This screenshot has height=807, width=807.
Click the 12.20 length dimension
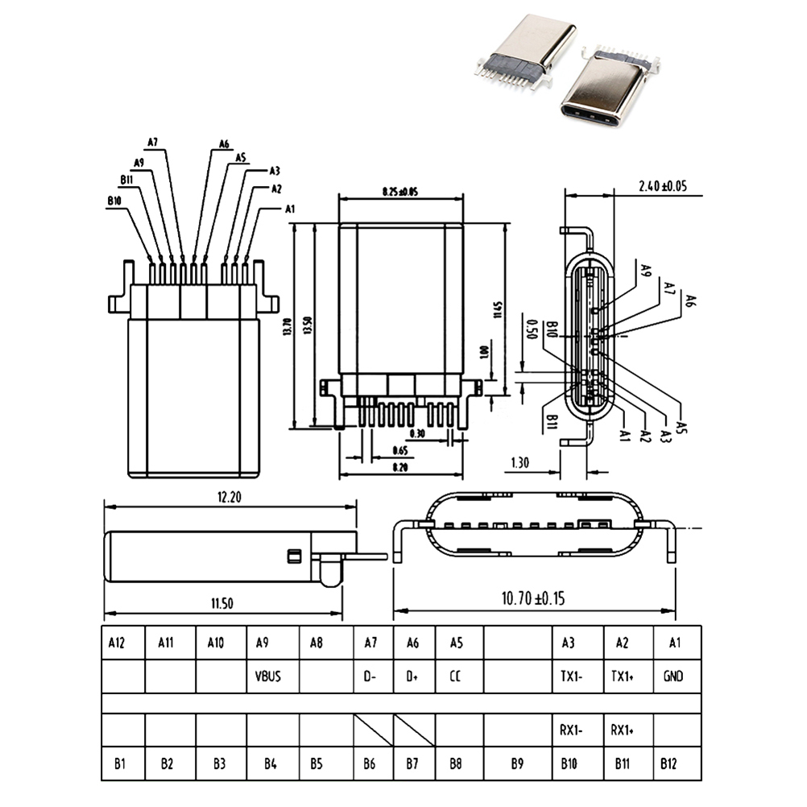click(229, 497)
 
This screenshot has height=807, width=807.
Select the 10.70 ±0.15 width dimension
click(534, 598)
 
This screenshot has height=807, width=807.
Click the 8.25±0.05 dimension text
click(399, 192)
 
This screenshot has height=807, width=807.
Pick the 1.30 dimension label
click(519, 462)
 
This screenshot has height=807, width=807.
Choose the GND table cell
click(673, 677)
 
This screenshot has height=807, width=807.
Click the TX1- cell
click(573, 677)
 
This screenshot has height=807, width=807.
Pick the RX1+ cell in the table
click(623, 730)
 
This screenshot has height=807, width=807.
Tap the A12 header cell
click(118, 643)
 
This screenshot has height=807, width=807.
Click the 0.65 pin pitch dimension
click(399, 449)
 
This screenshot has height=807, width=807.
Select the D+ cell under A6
click(412, 677)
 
